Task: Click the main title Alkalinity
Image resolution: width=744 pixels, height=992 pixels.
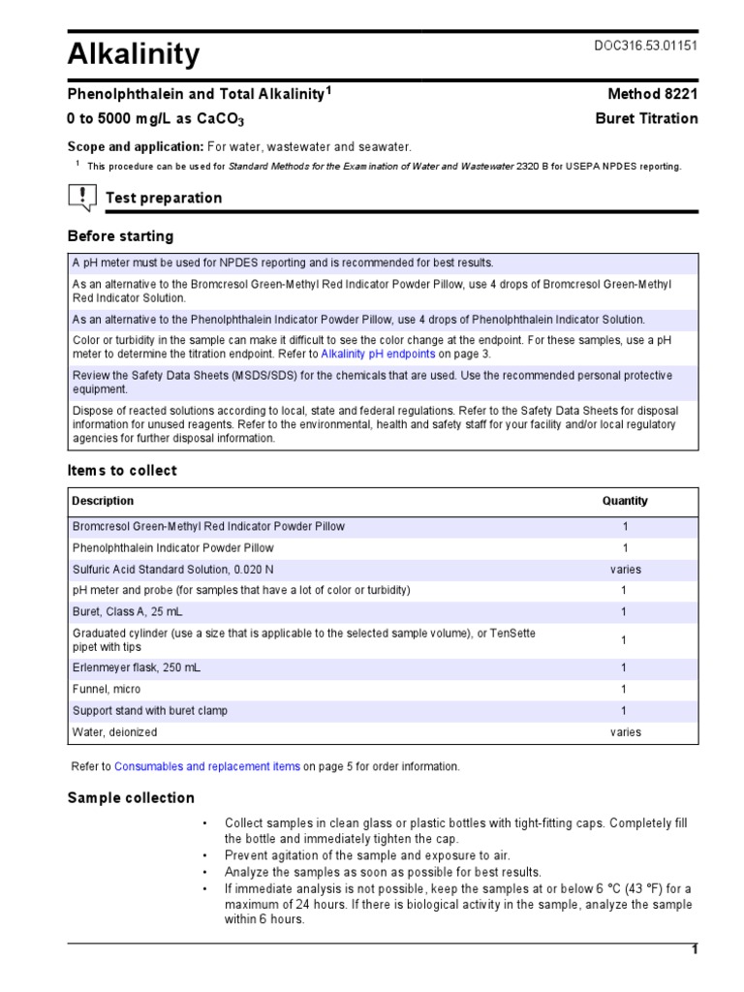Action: coord(134,54)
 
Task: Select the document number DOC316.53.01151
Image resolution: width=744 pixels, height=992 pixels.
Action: coord(644,46)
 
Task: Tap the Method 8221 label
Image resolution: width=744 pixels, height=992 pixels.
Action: coord(652,94)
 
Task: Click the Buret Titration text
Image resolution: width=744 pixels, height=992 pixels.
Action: coord(645,118)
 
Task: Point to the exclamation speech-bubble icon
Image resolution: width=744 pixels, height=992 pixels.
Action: coord(81,198)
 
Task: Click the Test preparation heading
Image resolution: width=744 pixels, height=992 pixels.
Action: coord(163,198)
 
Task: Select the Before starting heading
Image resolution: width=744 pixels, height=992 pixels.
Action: coord(120,235)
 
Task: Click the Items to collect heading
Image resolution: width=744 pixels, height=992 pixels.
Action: coord(122,470)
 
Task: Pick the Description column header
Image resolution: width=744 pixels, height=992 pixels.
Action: coord(103,501)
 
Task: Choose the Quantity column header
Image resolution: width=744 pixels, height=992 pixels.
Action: coord(625,501)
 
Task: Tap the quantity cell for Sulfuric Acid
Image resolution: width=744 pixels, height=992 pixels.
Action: coord(625,570)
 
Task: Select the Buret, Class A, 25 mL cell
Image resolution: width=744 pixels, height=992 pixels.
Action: coord(127,612)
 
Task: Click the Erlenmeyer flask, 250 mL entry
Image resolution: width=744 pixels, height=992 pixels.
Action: coord(137,667)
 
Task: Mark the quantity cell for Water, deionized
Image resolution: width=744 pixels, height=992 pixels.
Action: coord(625,732)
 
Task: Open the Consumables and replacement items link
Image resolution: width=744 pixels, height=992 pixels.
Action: coord(207,766)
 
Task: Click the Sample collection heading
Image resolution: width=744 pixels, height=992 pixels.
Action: coord(130,797)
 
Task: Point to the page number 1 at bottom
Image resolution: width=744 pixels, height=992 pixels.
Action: coord(694,949)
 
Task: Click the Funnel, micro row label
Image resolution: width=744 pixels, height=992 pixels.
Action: coord(107,689)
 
